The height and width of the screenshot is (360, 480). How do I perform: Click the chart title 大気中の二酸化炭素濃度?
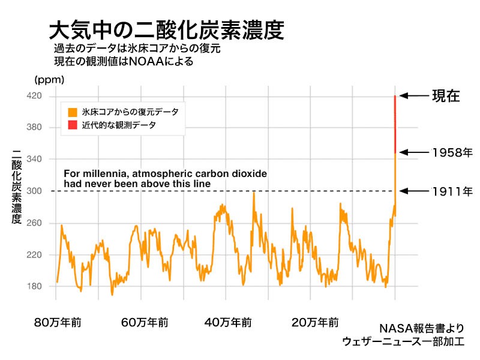[x=166, y=30]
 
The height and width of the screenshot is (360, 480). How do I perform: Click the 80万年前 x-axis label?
[x=58, y=323]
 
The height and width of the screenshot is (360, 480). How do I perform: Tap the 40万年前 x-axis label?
[x=227, y=323]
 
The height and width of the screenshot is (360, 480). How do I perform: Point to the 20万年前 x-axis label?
[x=313, y=323]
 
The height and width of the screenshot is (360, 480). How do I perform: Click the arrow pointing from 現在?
[x=413, y=96]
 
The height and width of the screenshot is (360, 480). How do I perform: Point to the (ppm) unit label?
[x=49, y=79]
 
